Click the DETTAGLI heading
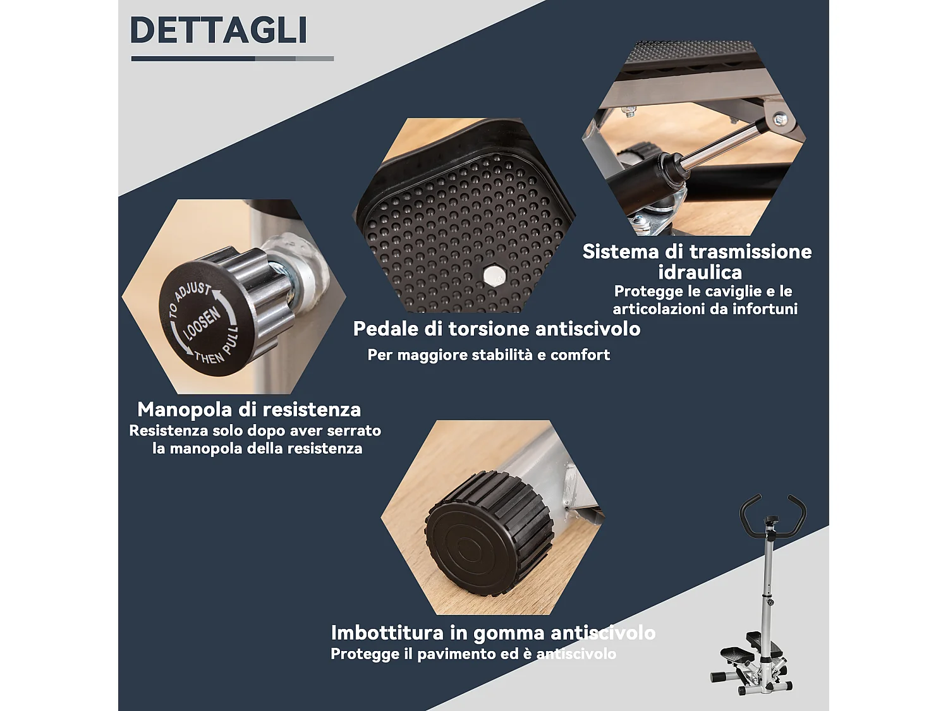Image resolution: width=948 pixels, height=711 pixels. pos(218,30)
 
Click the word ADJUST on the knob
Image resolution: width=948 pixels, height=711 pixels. pos(192,292)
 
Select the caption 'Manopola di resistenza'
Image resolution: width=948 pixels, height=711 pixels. pos(249,410)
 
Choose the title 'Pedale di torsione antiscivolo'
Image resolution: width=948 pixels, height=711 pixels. pos(496,329)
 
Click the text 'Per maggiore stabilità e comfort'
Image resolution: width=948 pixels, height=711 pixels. pos(489,355)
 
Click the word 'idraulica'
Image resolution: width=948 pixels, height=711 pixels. pos(700,272)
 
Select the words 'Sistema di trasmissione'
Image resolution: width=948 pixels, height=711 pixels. pos(696,252)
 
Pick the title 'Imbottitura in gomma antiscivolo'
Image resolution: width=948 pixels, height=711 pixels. pos(493,633)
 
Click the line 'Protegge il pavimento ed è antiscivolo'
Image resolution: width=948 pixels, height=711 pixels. pos(473,654)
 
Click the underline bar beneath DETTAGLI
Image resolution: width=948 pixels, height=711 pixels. pos(232,59)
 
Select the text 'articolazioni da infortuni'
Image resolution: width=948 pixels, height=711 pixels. pos(705,309)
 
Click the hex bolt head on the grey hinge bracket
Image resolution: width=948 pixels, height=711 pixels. pos(780,118)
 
